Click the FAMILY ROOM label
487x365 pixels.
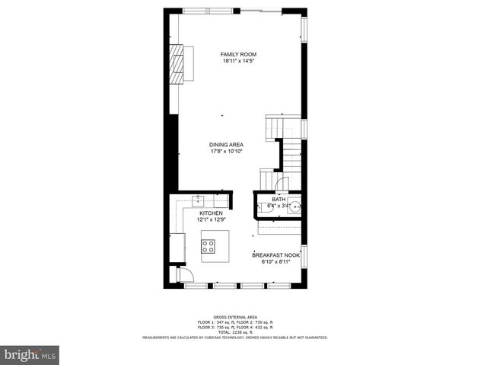tap(238, 55)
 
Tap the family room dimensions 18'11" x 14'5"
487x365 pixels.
tap(238, 61)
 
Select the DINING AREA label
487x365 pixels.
tap(227, 145)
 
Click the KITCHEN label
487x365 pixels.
tap(211, 213)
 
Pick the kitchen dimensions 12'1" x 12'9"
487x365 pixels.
tap(211, 219)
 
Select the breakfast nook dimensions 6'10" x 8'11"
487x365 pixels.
tap(276, 261)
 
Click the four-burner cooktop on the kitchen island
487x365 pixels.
tap(208, 245)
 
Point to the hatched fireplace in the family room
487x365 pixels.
tap(177, 62)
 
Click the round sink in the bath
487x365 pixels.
tap(294, 205)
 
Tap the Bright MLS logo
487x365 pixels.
tap(30, 355)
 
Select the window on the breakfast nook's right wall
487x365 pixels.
tap(304, 256)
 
